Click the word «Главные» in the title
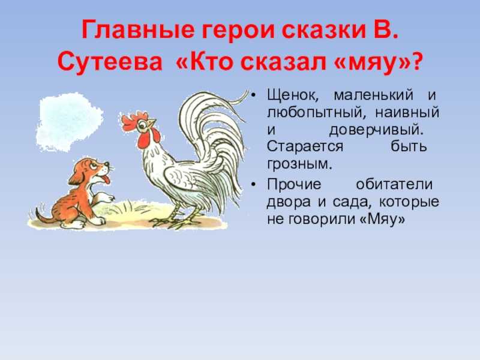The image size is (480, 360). pos(138,29)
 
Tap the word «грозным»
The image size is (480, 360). pos(299,164)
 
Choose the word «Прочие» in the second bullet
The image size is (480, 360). pos(294,184)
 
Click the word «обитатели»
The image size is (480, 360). pos(394,184)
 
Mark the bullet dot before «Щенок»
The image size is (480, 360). pos(253,95)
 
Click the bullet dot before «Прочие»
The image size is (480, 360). pos(253,185)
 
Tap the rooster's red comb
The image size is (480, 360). pos(133,121)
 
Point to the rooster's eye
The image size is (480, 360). pos(142,125)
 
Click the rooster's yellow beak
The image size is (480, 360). pos(151,123)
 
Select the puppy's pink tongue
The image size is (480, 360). pos(106,179)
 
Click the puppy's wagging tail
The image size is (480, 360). pos(43,215)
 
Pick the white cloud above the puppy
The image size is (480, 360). pos(70,122)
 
